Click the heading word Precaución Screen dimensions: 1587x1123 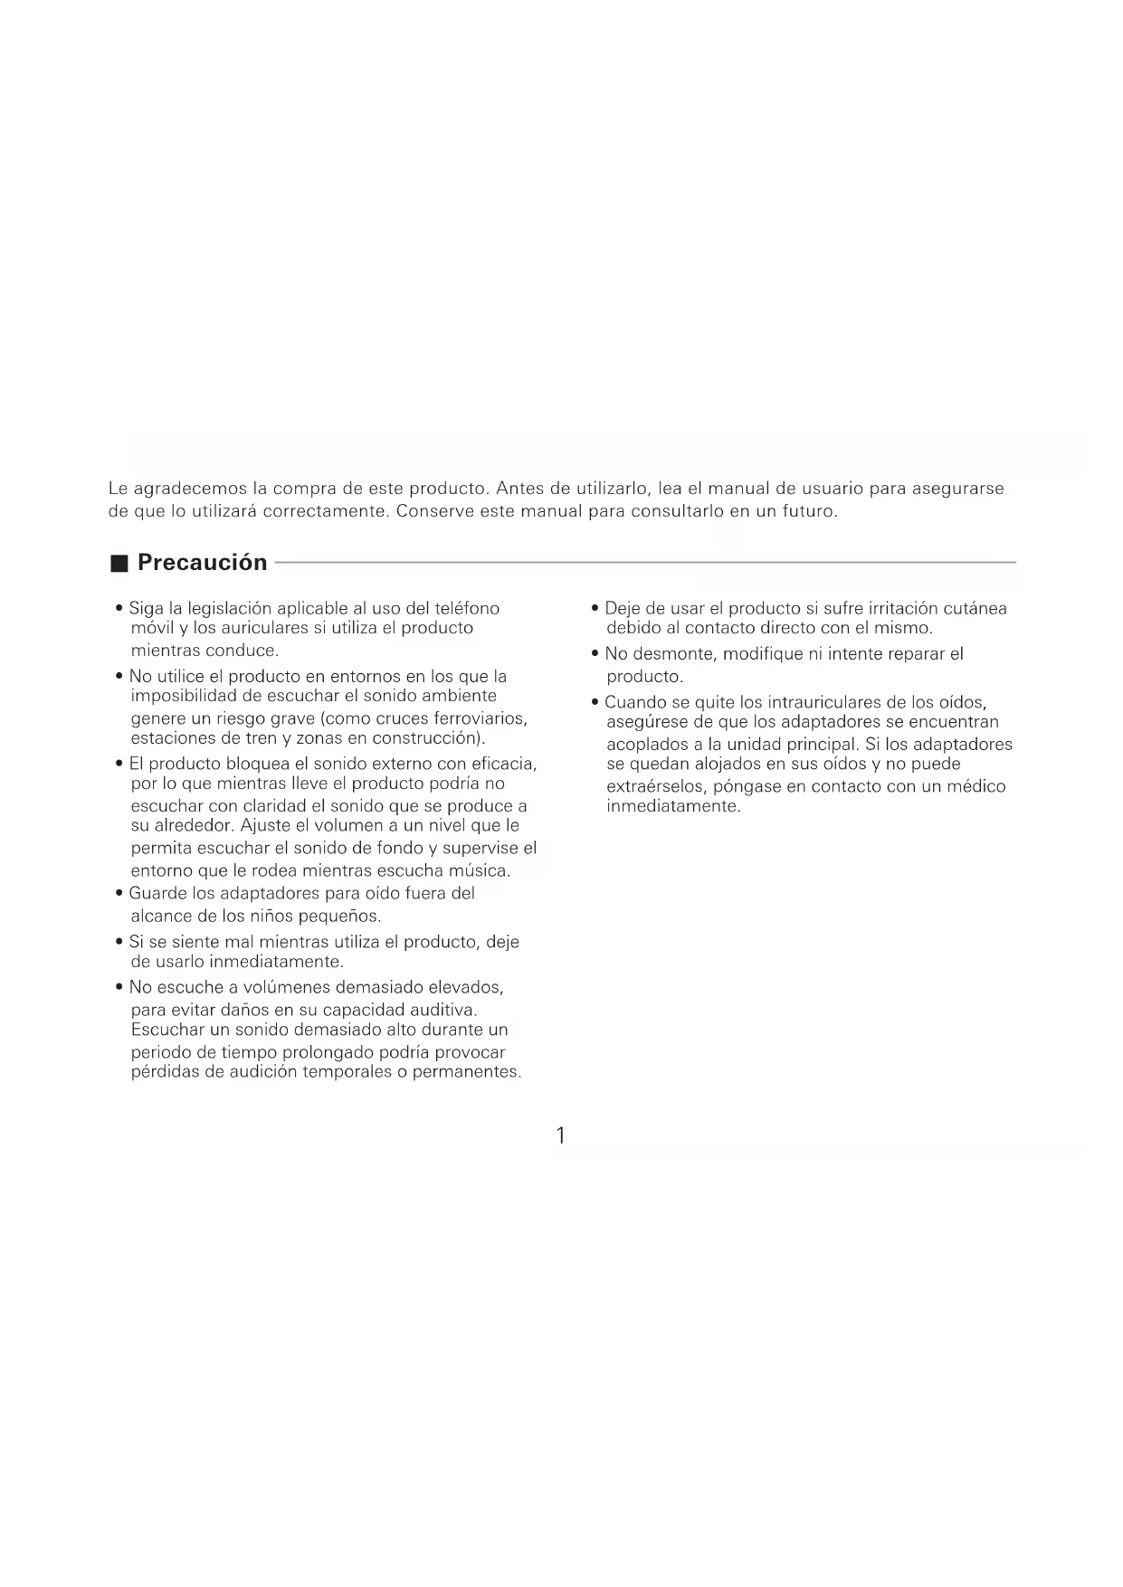pos(202,563)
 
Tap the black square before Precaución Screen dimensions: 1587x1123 pos(119,564)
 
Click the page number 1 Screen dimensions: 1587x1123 pos(561,1136)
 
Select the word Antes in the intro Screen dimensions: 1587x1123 pos(519,489)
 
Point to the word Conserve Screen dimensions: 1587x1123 pos(434,511)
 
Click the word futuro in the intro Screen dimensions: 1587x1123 pos(807,511)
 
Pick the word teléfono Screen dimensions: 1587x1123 pos(467,609)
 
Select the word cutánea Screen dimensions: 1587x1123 pos(975,609)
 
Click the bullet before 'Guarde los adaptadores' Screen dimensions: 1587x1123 pos(119,894)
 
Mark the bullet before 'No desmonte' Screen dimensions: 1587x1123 pos(595,654)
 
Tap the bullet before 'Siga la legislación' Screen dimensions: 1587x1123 pos(119,609)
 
